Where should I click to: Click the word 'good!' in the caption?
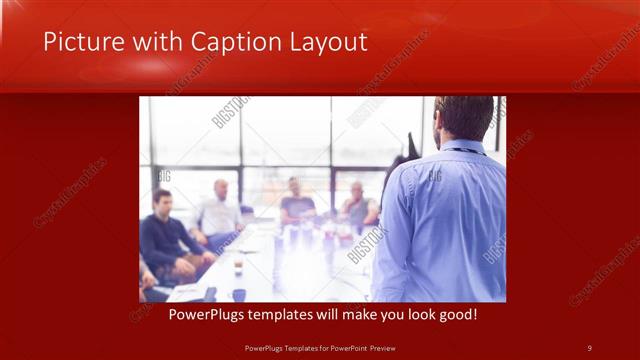[456, 314]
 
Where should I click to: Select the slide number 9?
[589, 347]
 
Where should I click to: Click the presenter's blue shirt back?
[450, 220]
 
